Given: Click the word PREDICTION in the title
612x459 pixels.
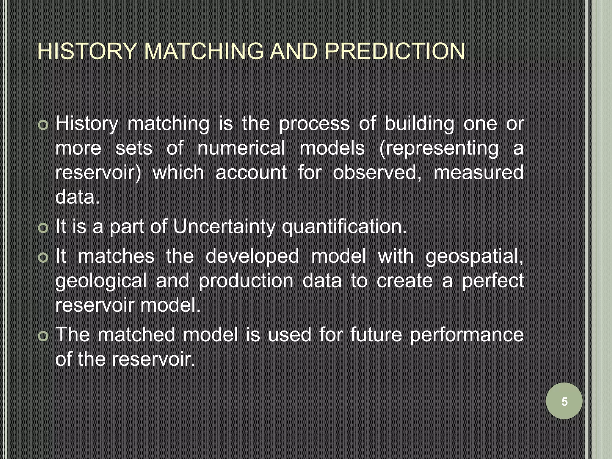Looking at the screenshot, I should pyautogui.click(x=394, y=51).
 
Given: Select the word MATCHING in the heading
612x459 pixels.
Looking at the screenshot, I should pyautogui.click(x=204, y=51).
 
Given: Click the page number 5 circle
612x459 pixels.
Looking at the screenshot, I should pyautogui.click(x=564, y=401).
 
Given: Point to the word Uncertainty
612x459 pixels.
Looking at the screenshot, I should pyautogui.click(x=224, y=227).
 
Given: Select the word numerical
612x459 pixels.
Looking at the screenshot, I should pyautogui.click(x=241, y=148).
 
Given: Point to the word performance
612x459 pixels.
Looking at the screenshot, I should pyautogui.click(x=466, y=335).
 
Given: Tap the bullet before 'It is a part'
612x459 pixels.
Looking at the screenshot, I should pyautogui.click(x=43, y=228).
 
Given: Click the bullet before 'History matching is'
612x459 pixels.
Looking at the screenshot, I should pyautogui.click(x=43, y=125).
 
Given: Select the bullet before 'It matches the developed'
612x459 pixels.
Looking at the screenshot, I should pyautogui.click(x=43, y=258).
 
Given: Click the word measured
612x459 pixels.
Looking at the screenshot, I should pyautogui.click(x=478, y=173).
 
